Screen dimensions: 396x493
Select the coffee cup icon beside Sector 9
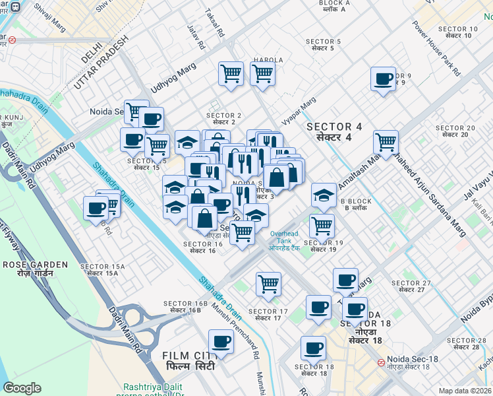click(383, 80)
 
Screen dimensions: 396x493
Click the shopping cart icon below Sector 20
click(386, 142)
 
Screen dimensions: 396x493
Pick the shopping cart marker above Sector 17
click(268, 284)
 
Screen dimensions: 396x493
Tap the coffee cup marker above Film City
click(221, 342)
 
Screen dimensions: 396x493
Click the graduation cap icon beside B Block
click(323, 195)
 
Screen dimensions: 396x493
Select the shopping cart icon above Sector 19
click(322, 226)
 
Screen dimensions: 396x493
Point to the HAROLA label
click(268, 60)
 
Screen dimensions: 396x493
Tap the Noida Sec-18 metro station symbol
click(381, 362)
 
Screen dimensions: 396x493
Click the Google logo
click(21, 388)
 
